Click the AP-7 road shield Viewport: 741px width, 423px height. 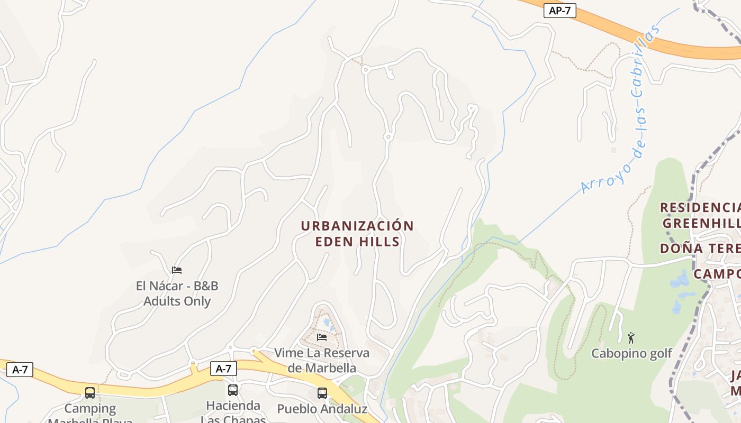pos(559,11)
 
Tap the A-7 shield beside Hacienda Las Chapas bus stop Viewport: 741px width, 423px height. pos(223,369)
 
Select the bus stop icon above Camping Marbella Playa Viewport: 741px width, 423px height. pos(90,393)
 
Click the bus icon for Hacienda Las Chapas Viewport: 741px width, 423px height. pos(232,390)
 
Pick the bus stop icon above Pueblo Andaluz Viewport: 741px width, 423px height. pos(322,393)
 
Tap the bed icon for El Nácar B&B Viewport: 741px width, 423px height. pos(177,270)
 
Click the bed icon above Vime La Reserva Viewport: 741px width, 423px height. pos(322,337)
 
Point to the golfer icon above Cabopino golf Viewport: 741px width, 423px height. pos(631,337)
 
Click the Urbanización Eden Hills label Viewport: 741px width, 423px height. pos(357,233)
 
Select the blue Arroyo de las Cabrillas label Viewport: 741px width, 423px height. pos(622,108)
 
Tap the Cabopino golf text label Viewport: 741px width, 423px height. pos(631,353)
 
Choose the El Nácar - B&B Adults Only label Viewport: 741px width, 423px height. pos(177,293)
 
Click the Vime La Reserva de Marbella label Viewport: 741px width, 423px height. pos(322,360)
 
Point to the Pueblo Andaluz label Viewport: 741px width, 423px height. pos(322,409)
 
